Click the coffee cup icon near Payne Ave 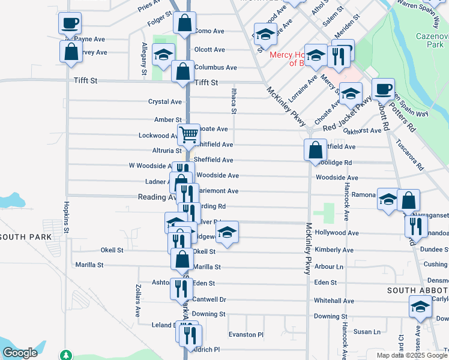[x=70, y=23]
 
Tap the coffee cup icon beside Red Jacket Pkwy [x=382, y=89]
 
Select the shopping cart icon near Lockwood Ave [x=188, y=134]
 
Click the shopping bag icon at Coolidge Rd [x=315, y=150]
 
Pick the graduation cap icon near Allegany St [x=161, y=55]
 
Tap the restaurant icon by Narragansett [x=415, y=226]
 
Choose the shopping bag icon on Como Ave [x=184, y=23]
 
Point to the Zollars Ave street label [x=137, y=300]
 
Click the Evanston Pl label [x=246, y=335]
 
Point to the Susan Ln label [x=367, y=331]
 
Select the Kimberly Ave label [x=334, y=250]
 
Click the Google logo [x=20, y=353]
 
